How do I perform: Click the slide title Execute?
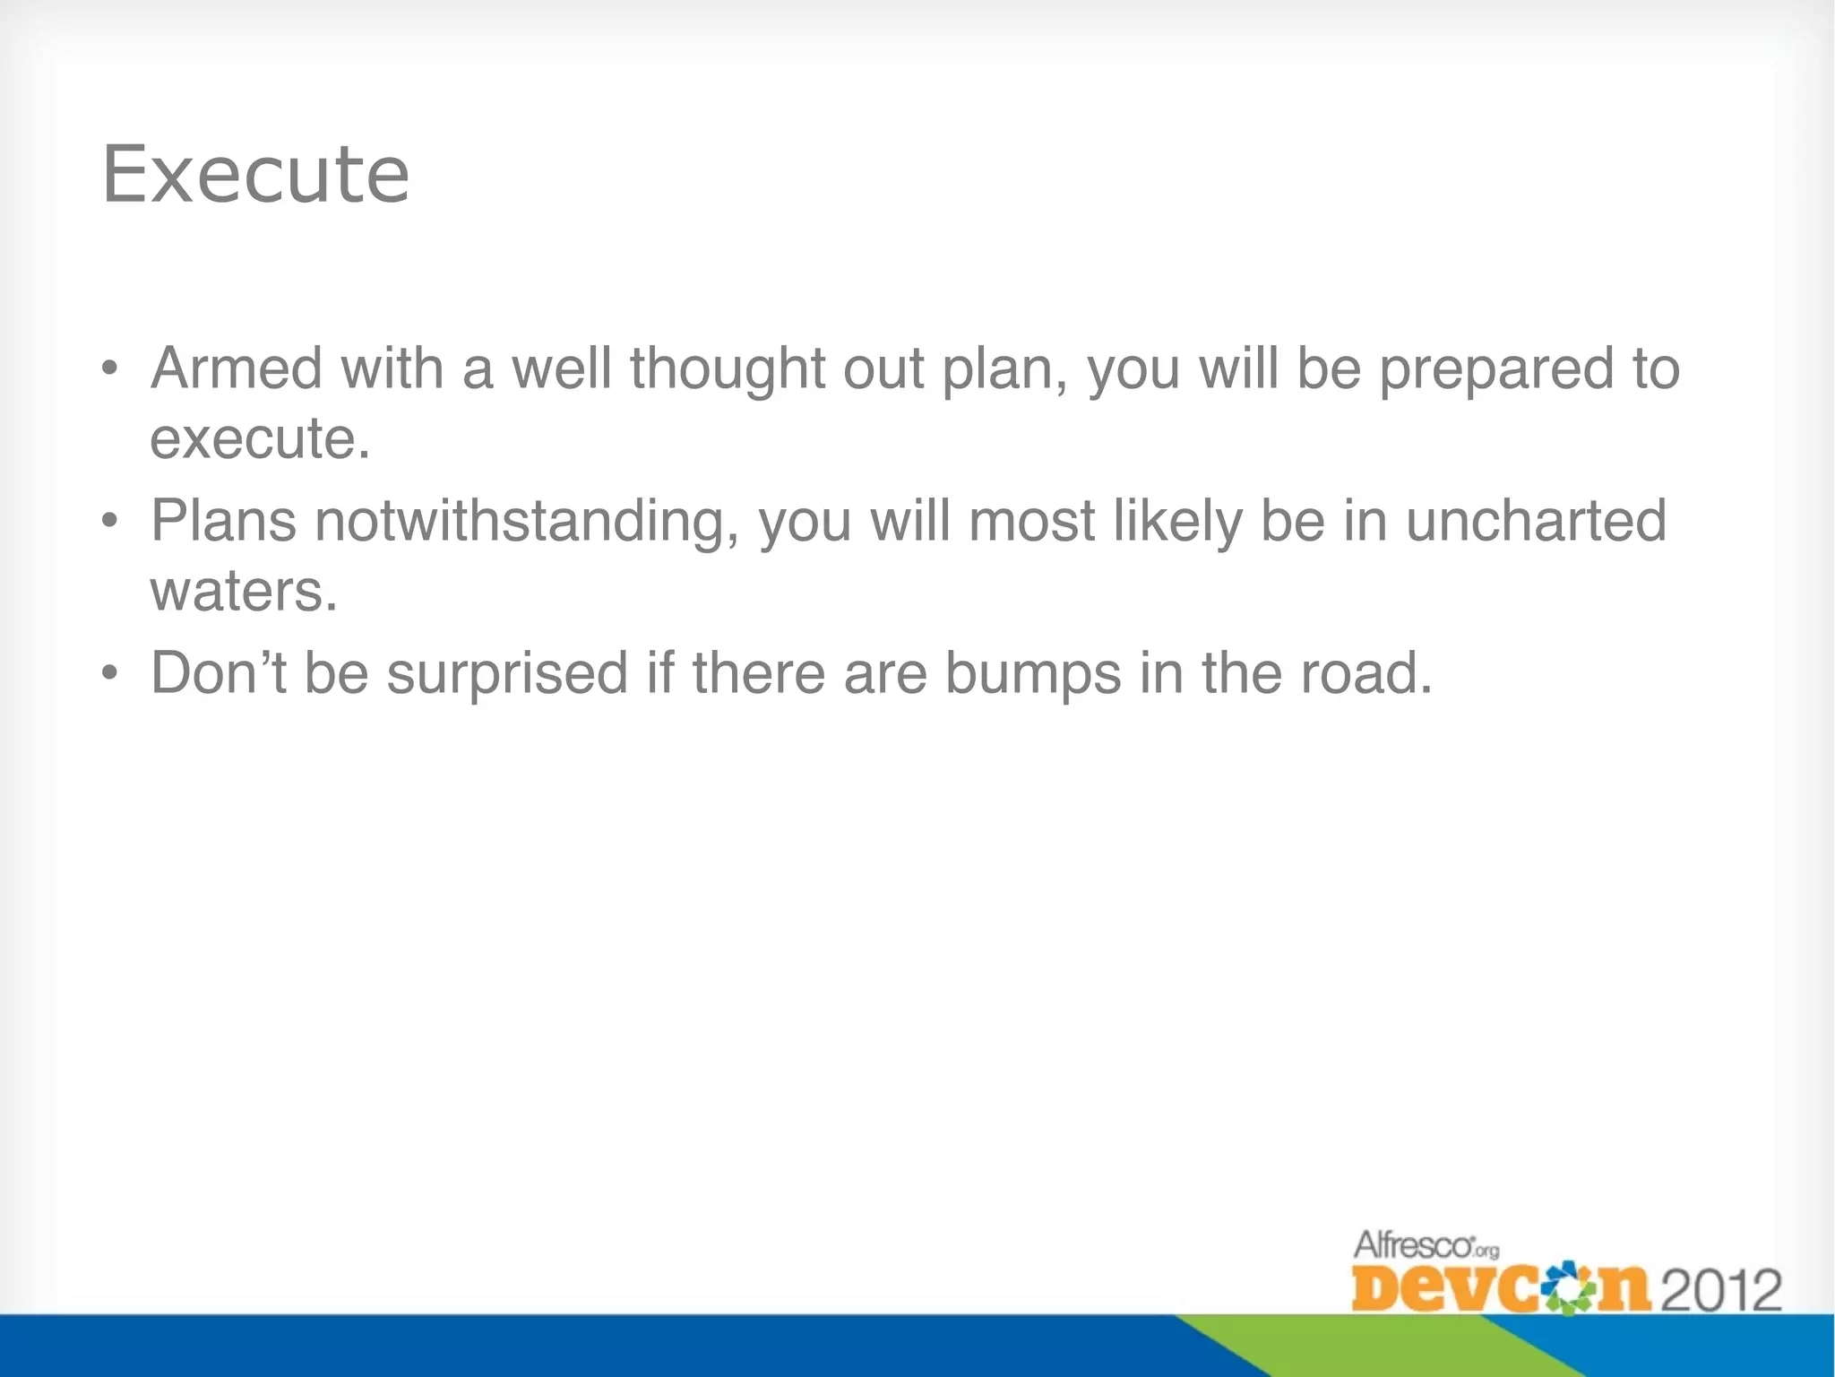click(x=256, y=175)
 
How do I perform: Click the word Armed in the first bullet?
click(x=236, y=368)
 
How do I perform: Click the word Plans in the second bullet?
click(x=223, y=521)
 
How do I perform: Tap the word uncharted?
click(x=1536, y=521)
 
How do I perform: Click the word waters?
click(x=244, y=591)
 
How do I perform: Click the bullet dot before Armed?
click(x=109, y=368)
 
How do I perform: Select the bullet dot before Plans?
click(x=109, y=521)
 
